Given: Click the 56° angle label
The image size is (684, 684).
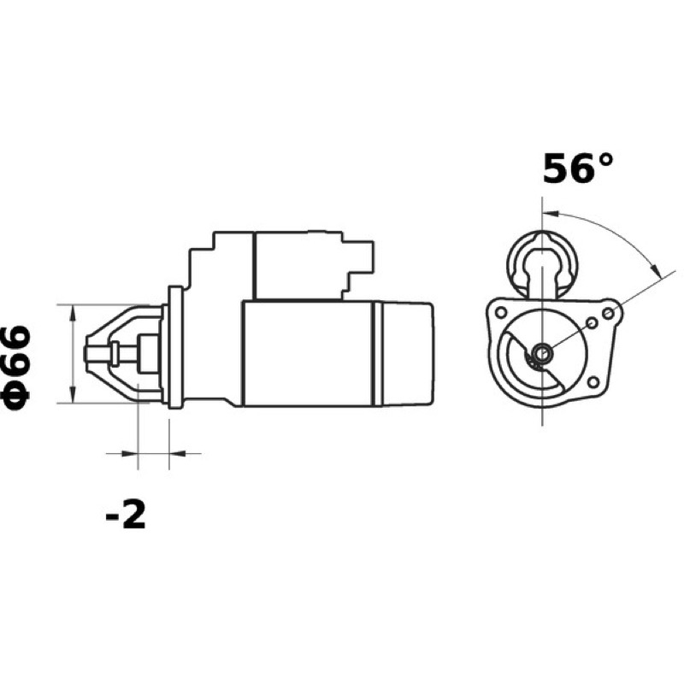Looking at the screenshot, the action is click(578, 168).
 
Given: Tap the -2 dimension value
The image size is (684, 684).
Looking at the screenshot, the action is click(126, 515).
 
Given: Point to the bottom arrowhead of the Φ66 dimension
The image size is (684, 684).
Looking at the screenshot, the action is click(73, 395).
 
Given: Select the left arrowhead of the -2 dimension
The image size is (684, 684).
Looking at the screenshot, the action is click(130, 454).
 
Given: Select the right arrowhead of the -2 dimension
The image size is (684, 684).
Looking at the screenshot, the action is click(177, 454).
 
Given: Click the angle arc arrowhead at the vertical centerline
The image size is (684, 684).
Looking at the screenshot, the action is click(551, 213).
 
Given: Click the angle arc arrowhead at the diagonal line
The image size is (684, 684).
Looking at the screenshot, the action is click(655, 268).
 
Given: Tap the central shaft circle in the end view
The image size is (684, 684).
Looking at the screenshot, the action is click(542, 352).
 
